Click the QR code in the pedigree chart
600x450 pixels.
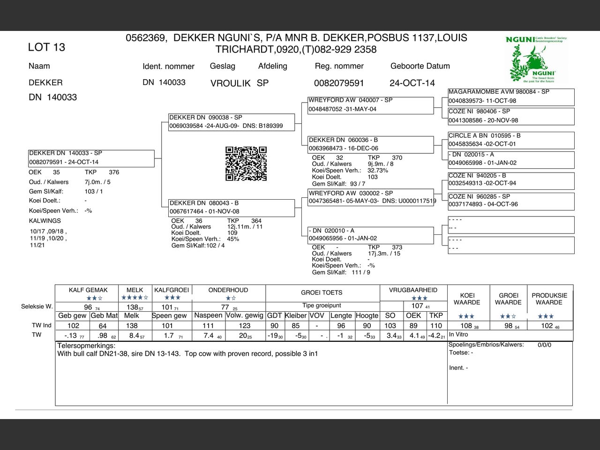point(246,164)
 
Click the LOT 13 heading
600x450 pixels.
point(46,47)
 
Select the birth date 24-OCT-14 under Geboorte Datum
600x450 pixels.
point(412,83)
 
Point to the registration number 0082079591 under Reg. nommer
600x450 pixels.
point(339,83)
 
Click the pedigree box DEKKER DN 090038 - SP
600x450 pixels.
point(232,122)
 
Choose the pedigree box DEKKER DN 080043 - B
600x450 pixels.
point(232,207)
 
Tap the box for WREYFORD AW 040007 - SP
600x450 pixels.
point(370,105)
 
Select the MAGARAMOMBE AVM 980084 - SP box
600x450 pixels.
point(511,97)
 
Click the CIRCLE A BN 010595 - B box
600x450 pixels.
point(511,140)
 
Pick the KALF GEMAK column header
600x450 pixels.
point(88,290)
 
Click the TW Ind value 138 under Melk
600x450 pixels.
point(132,326)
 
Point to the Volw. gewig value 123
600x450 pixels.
point(245,326)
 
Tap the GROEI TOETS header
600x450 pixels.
point(322,292)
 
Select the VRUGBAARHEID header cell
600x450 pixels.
point(413,290)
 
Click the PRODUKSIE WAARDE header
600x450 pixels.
point(549,299)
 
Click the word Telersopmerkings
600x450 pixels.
point(86,346)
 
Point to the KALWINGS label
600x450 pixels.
point(45,221)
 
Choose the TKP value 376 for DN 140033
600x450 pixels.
point(114,172)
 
